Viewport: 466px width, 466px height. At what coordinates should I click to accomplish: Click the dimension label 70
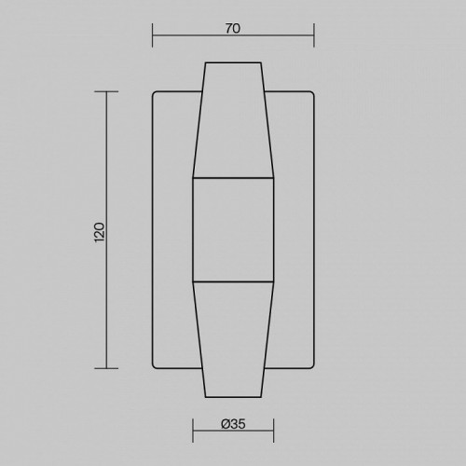pos(233,29)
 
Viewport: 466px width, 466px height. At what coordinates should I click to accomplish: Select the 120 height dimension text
pos(100,230)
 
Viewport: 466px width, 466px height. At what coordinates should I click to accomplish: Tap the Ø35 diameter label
pos(233,425)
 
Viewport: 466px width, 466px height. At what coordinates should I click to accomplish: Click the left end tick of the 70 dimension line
pos(152,38)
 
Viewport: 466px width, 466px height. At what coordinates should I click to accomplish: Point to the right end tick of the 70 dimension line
pos(314,38)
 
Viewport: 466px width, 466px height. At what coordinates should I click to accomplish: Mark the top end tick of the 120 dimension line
pos(106,91)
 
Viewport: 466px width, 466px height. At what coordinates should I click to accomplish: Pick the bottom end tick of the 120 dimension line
pos(106,369)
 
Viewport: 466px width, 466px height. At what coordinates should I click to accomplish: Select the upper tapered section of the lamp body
pos(233,121)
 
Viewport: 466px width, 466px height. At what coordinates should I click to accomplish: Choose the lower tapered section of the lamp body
pos(233,340)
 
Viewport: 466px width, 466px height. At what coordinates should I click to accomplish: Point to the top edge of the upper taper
pos(233,62)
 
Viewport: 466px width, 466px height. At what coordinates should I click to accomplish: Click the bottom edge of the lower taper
pos(233,398)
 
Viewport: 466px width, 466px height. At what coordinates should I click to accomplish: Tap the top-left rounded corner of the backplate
pos(155,94)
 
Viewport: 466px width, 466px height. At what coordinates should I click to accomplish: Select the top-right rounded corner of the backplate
pos(311,94)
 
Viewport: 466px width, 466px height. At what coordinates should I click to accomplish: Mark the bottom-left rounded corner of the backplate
pos(155,366)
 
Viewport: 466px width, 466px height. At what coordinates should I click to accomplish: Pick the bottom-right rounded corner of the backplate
pos(311,366)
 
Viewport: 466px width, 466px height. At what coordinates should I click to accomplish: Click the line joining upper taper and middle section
pos(233,177)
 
